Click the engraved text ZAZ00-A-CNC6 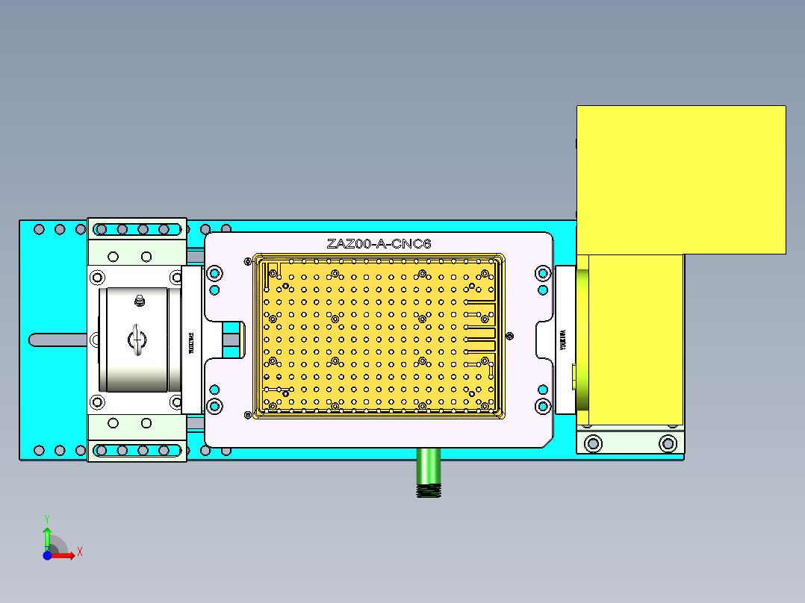pos(379,243)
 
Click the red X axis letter pos(79,552)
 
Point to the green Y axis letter pos(46,517)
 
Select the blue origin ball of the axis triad pos(47,555)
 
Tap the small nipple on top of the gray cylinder pos(138,301)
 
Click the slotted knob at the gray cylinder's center pos(137,339)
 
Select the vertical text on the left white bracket pos(191,341)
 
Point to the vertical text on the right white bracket pos(564,340)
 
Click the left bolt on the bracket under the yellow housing pos(593,443)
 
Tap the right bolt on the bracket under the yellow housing pos(667,443)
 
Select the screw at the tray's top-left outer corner pos(247,261)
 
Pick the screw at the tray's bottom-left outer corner pos(247,415)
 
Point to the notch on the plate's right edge pos(544,340)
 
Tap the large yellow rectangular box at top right pos(680,179)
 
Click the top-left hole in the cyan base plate pos(39,229)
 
